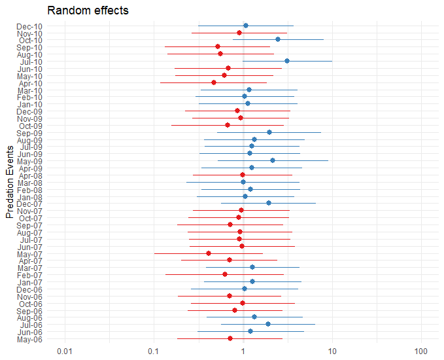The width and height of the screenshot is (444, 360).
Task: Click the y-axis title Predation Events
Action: [x=10, y=182]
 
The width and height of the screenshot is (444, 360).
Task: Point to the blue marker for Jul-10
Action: [x=287, y=61]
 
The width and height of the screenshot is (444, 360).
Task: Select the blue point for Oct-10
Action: [x=278, y=39]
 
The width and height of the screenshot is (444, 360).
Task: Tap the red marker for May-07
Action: [x=209, y=253]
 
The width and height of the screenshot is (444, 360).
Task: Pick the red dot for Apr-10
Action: [x=214, y=82]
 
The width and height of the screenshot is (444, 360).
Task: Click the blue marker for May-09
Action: [x=273, y=160]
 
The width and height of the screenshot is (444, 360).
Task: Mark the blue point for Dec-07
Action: [x=269, y=203]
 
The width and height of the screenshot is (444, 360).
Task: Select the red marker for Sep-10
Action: [x=218, y=46]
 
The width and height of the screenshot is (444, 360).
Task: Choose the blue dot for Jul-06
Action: [x=268, y=324]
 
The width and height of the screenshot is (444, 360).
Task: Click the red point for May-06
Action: [x=230, y=338]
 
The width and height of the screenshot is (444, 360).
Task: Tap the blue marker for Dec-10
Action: [x=246, y=26]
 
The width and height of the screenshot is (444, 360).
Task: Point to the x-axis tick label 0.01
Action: [x=64, y=353]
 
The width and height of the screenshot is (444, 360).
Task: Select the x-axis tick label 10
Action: [x=332, y=353]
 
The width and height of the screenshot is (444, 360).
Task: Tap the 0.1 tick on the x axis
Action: [x=154, y=353]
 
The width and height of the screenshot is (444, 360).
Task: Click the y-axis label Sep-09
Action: [x=29, y=132]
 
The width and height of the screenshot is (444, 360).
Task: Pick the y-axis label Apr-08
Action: [x=30, y=175]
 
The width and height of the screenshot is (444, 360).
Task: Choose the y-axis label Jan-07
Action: [x=29, y=282]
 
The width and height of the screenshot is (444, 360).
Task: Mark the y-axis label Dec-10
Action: [x=29, y=26]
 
